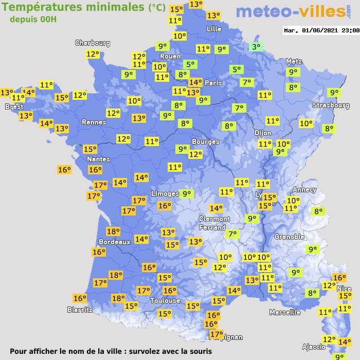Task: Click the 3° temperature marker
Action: [256, 47]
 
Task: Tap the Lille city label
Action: [214, 29]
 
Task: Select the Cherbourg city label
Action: [93, 43]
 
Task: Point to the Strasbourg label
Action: [331, 105]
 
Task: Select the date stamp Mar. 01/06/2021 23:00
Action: [321, 30]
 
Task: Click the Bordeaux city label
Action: [114, 242]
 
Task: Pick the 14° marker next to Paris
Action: [195, 82]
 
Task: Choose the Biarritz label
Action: [80, 310]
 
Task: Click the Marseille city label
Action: [284, 312]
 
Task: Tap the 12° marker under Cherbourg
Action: [93, 54]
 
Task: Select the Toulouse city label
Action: [165, 301]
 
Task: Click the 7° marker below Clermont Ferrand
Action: [233, 234]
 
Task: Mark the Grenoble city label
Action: [289, 237]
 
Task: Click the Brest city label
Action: [14, 106]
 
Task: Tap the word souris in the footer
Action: [200, 351]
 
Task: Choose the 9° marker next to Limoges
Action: [186, 194]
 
